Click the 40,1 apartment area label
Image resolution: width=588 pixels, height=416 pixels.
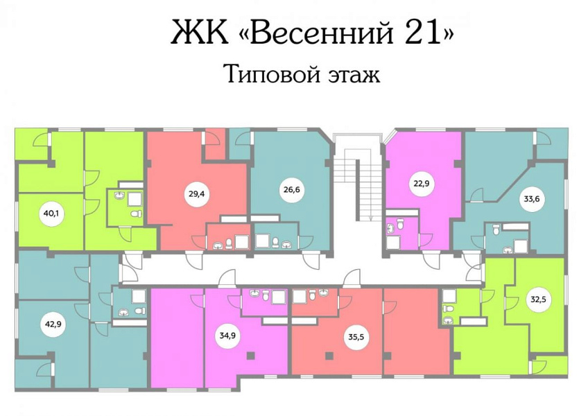click(49, 214)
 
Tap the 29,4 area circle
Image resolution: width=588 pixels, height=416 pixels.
click(196, 194)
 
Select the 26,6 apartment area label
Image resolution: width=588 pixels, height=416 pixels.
click(292, 190)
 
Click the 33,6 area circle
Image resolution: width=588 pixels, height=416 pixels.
click(531, 199)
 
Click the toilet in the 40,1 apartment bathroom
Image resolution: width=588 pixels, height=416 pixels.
click(135, 214)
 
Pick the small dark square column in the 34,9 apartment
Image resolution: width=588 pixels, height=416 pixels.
click(251, 355)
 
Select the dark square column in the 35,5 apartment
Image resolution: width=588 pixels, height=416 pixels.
click(329, 355)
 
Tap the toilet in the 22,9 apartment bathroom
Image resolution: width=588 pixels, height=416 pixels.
click(401, 225)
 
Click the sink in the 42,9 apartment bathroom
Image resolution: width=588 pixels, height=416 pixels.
click(123, 311)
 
